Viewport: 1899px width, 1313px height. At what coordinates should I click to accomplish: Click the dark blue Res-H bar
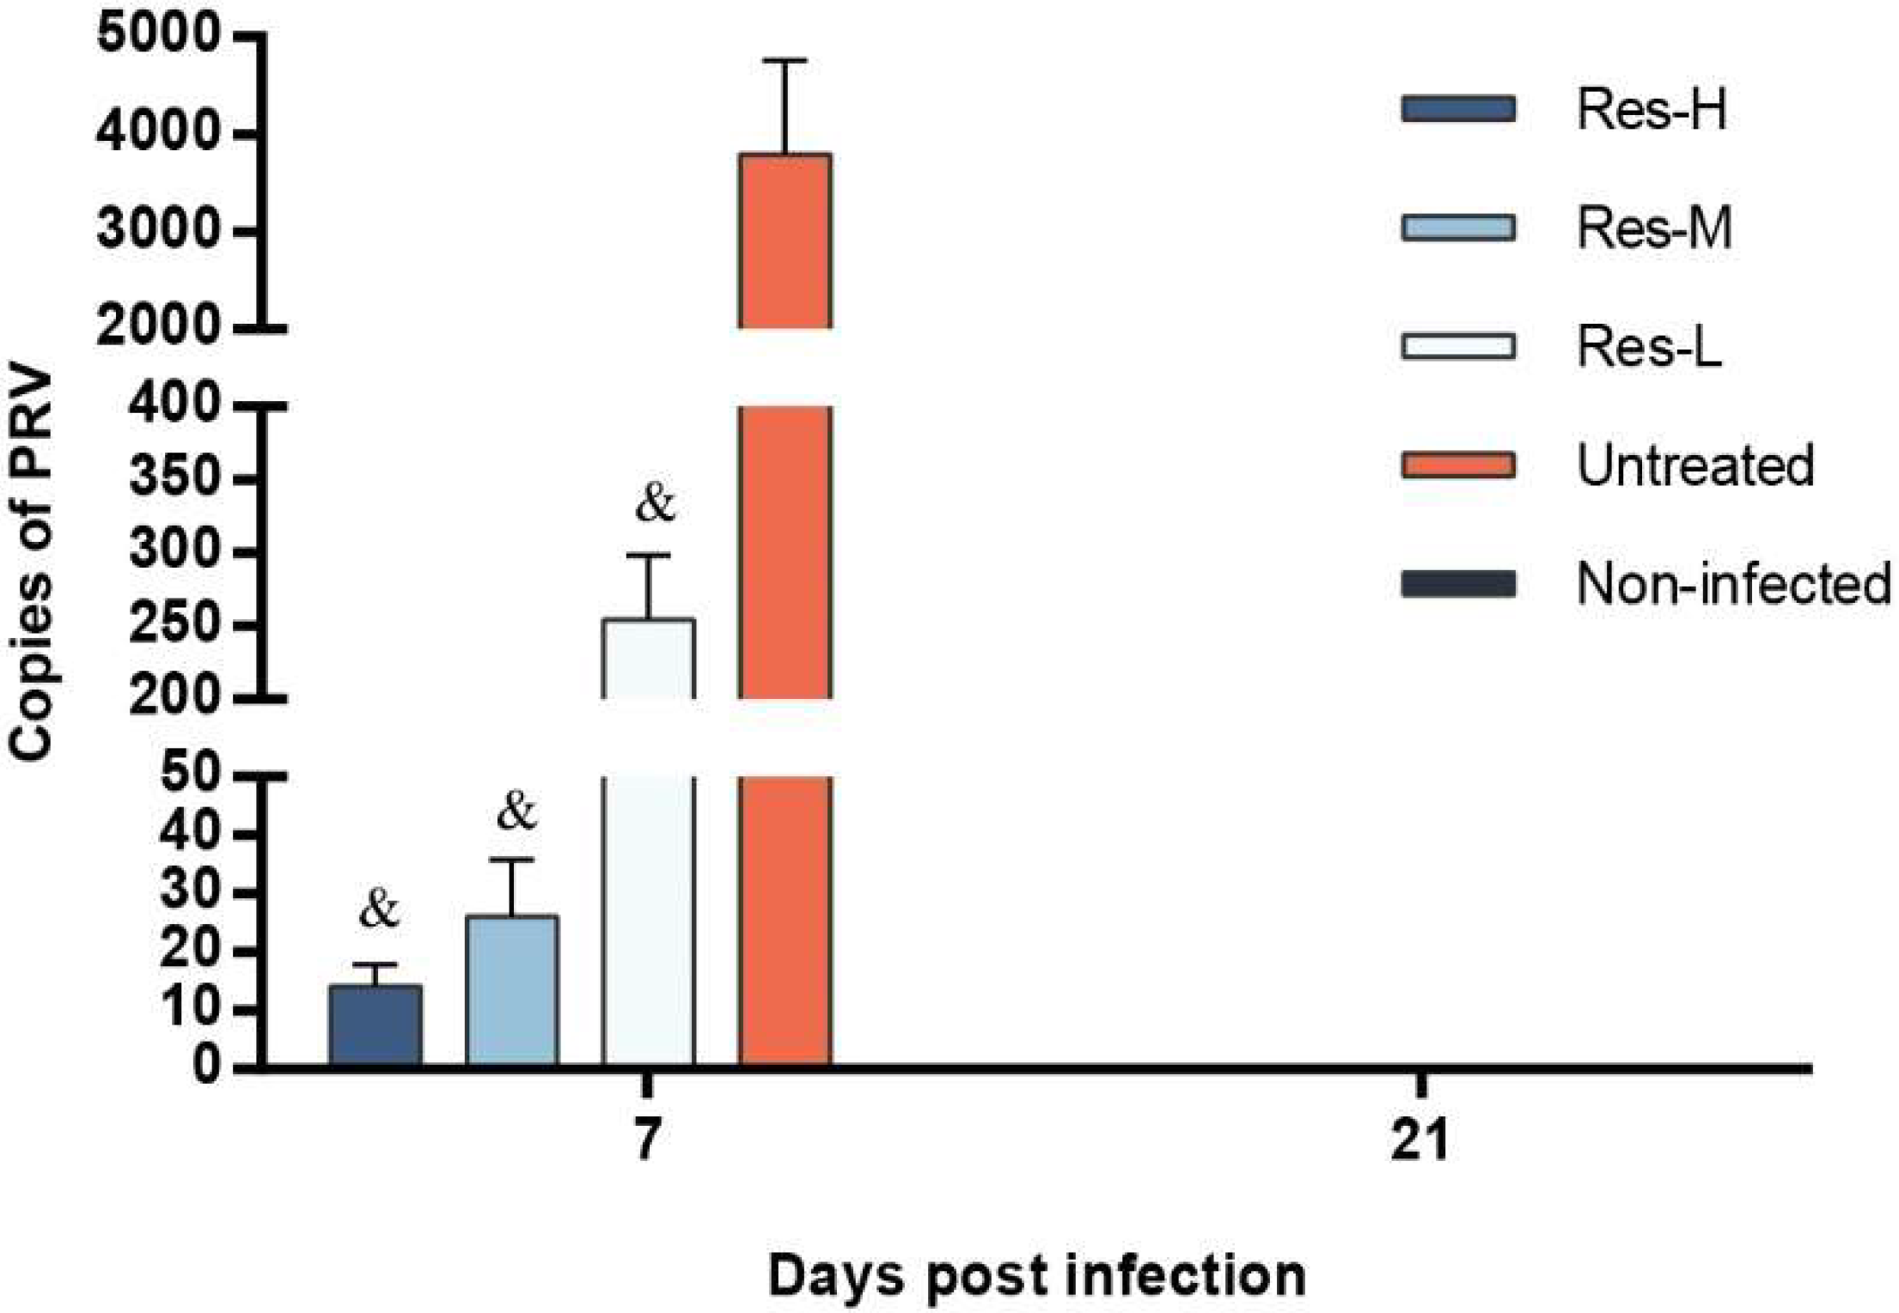click(x=375, y=1025)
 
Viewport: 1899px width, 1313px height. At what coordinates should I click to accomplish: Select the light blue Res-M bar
click(x=511, y=991)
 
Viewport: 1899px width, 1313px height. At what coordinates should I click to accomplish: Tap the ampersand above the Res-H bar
click(x=379, y=909)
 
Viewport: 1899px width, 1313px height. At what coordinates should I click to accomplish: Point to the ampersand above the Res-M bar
click(x=516, y=811)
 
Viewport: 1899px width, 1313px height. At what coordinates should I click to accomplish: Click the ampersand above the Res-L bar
click(x=655, y=503)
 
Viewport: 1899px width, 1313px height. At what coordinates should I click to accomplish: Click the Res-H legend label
click(x=1651, y=110)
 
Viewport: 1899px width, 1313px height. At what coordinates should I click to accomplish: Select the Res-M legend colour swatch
click(x=1457, y=228)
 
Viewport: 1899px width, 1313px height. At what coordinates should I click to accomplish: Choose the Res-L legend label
click(x=1648, y=347)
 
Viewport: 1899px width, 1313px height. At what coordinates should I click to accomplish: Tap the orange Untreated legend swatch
click(x=1457, y=465)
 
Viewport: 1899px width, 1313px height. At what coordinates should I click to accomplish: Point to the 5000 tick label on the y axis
click(x=158, y=35)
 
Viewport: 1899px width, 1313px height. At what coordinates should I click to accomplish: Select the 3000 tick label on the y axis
click(x=158, y=230)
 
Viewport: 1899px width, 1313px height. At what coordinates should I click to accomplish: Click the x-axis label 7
click(x=647, y=1140)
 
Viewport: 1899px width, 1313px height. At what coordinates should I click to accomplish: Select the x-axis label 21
click(x=1420, y=1140)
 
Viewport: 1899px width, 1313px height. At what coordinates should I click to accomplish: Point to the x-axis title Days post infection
click(x=1036, y=1275)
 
